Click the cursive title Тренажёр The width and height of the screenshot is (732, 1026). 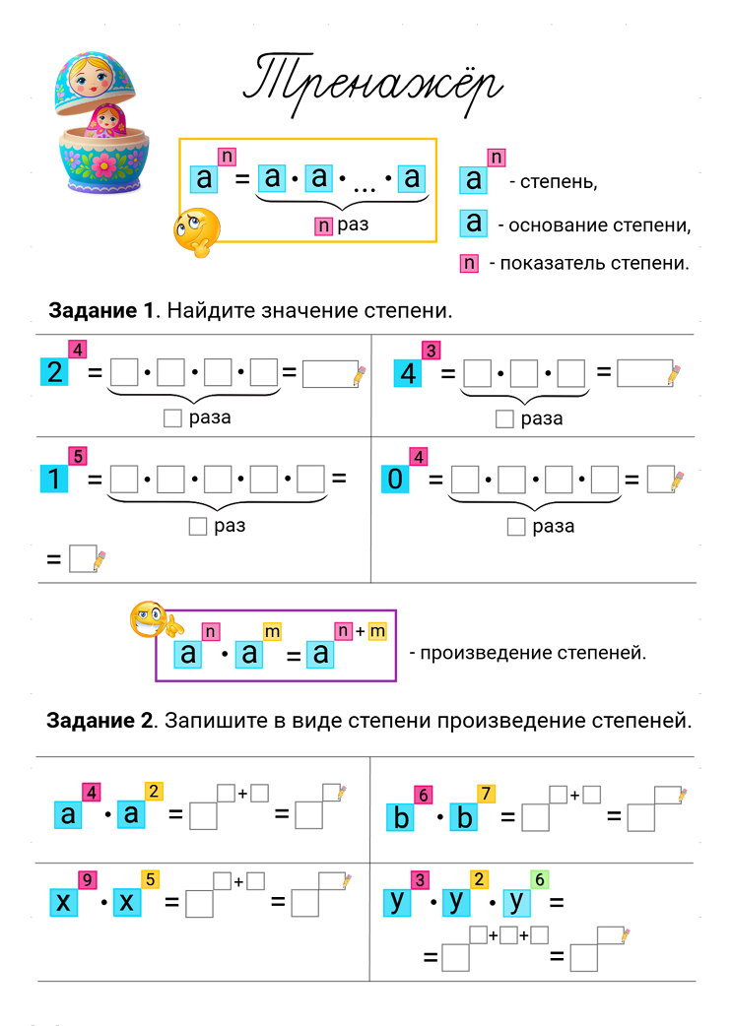pos(372,85)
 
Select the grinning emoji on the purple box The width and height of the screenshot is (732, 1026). pos(149,619)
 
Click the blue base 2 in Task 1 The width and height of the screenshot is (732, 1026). pos(53,373)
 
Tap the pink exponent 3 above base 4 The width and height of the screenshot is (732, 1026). pos(431,351)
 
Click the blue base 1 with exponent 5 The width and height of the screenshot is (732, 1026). pos(53,480)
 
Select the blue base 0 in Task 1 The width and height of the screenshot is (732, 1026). pos(394,480)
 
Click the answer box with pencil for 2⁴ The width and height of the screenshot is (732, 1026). pos(329,374)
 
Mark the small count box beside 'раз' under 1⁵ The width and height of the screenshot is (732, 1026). pos(197,526)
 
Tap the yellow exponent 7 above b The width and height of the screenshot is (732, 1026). pos(487,794)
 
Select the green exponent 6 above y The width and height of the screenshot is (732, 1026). pos(539,879)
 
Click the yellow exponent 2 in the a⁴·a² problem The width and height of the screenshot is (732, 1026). pos(154,791)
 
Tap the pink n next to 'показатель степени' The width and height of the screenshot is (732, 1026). pos(469,263)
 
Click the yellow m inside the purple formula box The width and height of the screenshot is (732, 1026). pos(272,631)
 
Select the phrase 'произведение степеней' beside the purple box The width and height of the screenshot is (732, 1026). pos(533,652)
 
